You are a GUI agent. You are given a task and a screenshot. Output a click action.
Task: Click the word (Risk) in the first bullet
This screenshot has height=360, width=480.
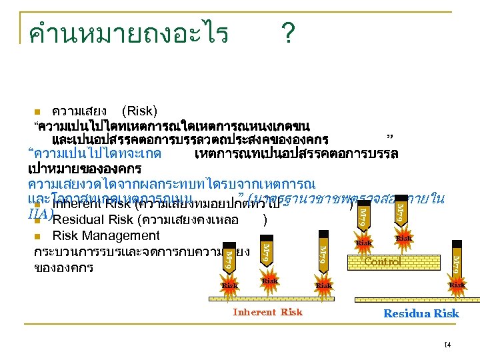140,111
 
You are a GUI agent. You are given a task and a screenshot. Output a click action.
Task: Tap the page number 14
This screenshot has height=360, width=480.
446,343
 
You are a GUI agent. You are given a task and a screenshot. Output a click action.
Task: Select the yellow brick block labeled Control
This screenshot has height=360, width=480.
383,261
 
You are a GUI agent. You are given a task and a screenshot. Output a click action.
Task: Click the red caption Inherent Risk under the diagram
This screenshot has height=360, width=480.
267,312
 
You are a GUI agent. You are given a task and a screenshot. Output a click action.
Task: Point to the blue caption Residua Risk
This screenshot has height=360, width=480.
421,313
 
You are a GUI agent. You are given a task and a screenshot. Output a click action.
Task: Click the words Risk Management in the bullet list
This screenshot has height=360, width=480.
106,235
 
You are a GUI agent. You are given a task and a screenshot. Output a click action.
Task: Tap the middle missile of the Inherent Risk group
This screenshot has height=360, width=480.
265,251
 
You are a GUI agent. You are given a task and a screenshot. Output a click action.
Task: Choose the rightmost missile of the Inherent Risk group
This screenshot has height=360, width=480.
322,254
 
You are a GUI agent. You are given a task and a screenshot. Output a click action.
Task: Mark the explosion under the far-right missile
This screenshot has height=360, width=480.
457,285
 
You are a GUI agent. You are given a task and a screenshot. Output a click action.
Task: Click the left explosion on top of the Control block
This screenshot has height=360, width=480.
364,243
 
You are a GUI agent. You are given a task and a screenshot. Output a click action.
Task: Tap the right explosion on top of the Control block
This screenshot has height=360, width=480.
403,238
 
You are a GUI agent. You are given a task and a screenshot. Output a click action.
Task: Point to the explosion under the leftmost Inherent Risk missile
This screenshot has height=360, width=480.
230,285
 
